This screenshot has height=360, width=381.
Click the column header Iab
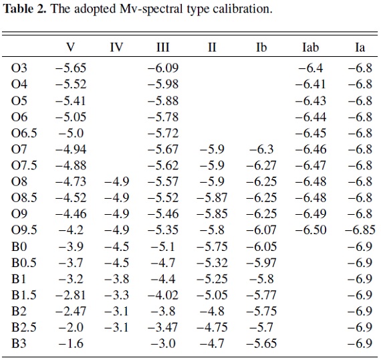coord(310,48)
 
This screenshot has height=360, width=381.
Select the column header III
coord(162,48)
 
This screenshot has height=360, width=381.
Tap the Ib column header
coord(261,48)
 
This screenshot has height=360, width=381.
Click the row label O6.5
coord(24,133)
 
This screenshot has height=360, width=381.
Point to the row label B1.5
coord(24,295)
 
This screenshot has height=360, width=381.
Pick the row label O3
coord(19,68)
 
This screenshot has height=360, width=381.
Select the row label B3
coord(19,343)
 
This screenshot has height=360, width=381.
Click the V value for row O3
coord(71,68)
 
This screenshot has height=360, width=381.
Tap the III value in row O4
coord(163,84)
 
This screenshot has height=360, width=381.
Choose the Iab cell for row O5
coord(311,100)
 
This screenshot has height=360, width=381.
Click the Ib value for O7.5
coord(261,165)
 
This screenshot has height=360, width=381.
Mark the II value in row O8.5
coord(212,197)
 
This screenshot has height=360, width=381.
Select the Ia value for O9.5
coord(360,230)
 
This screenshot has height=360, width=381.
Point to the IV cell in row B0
coord(116,247)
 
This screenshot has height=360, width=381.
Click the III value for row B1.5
coord(163,295)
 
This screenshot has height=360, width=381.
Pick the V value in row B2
coord(71,311)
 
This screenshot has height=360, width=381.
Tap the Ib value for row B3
coord(261,343)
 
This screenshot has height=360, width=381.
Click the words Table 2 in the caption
coord(24,9)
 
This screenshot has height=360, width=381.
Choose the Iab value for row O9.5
coord(311,230)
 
